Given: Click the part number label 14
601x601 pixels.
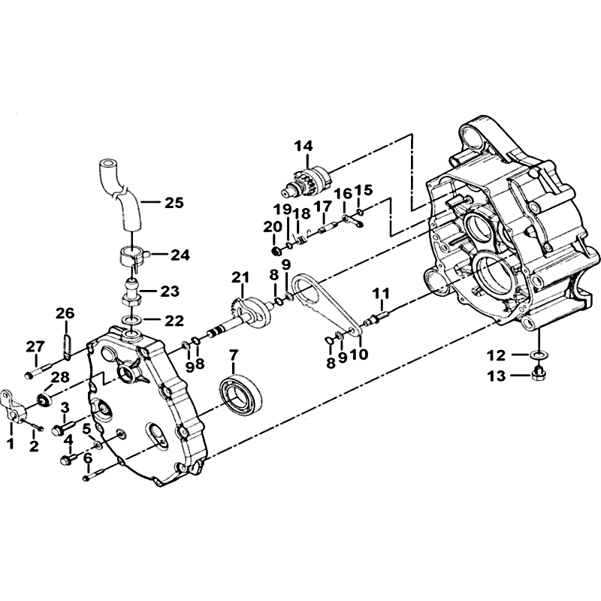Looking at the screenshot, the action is click(x=304, y=146).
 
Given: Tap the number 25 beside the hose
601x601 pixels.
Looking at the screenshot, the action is click(x=174, y=202).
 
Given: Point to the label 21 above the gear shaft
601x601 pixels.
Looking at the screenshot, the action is click(x=240, y=276).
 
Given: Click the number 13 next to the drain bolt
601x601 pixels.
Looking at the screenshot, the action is click(x=497, y=376).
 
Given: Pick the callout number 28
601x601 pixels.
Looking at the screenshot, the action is click(x=61, y=377).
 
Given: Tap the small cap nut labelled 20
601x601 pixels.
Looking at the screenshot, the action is click(x=275, y=252).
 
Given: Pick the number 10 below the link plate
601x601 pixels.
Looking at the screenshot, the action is click(x=359, y=353).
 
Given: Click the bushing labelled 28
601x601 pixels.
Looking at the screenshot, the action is click(x=44, y=400).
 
